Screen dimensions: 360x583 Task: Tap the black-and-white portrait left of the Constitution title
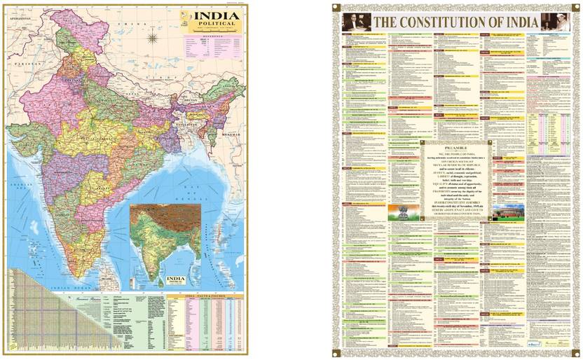(x=355, y=22)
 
